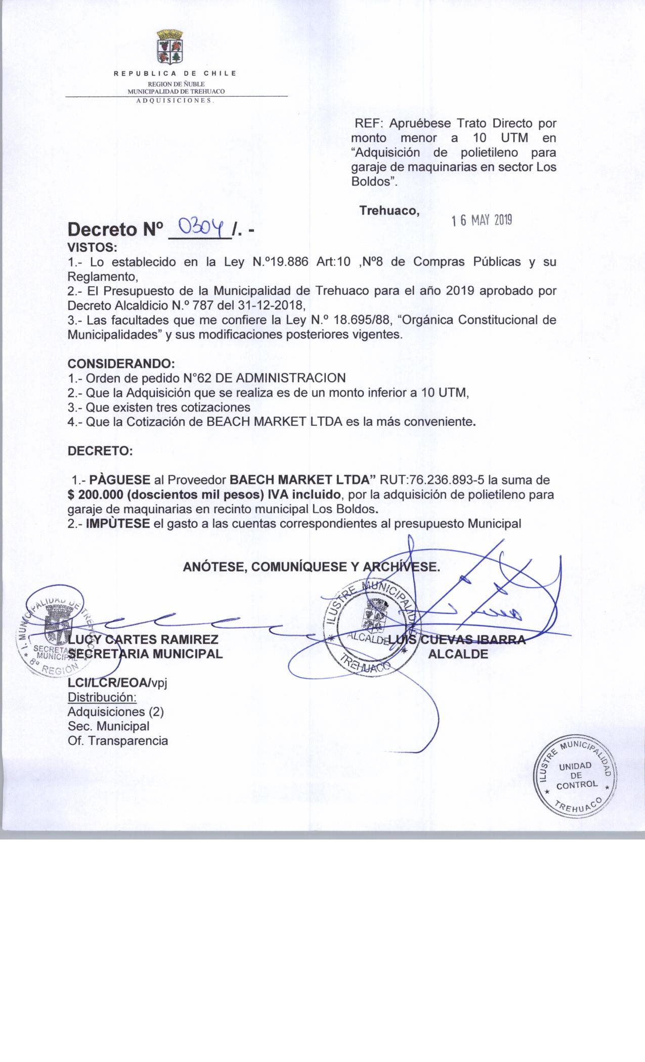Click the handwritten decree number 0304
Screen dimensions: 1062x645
[199, 231]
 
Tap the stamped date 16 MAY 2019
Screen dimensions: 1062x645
[482, 220]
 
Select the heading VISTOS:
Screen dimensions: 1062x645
[93, 248]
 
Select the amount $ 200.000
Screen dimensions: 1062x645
[96, 494]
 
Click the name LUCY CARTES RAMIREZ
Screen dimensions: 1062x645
[143, 639]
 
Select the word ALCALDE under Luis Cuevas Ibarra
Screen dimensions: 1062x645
[458, 654]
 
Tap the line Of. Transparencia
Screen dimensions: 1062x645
[118, 741]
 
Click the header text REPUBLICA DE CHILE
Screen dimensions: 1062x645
[175, 74]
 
